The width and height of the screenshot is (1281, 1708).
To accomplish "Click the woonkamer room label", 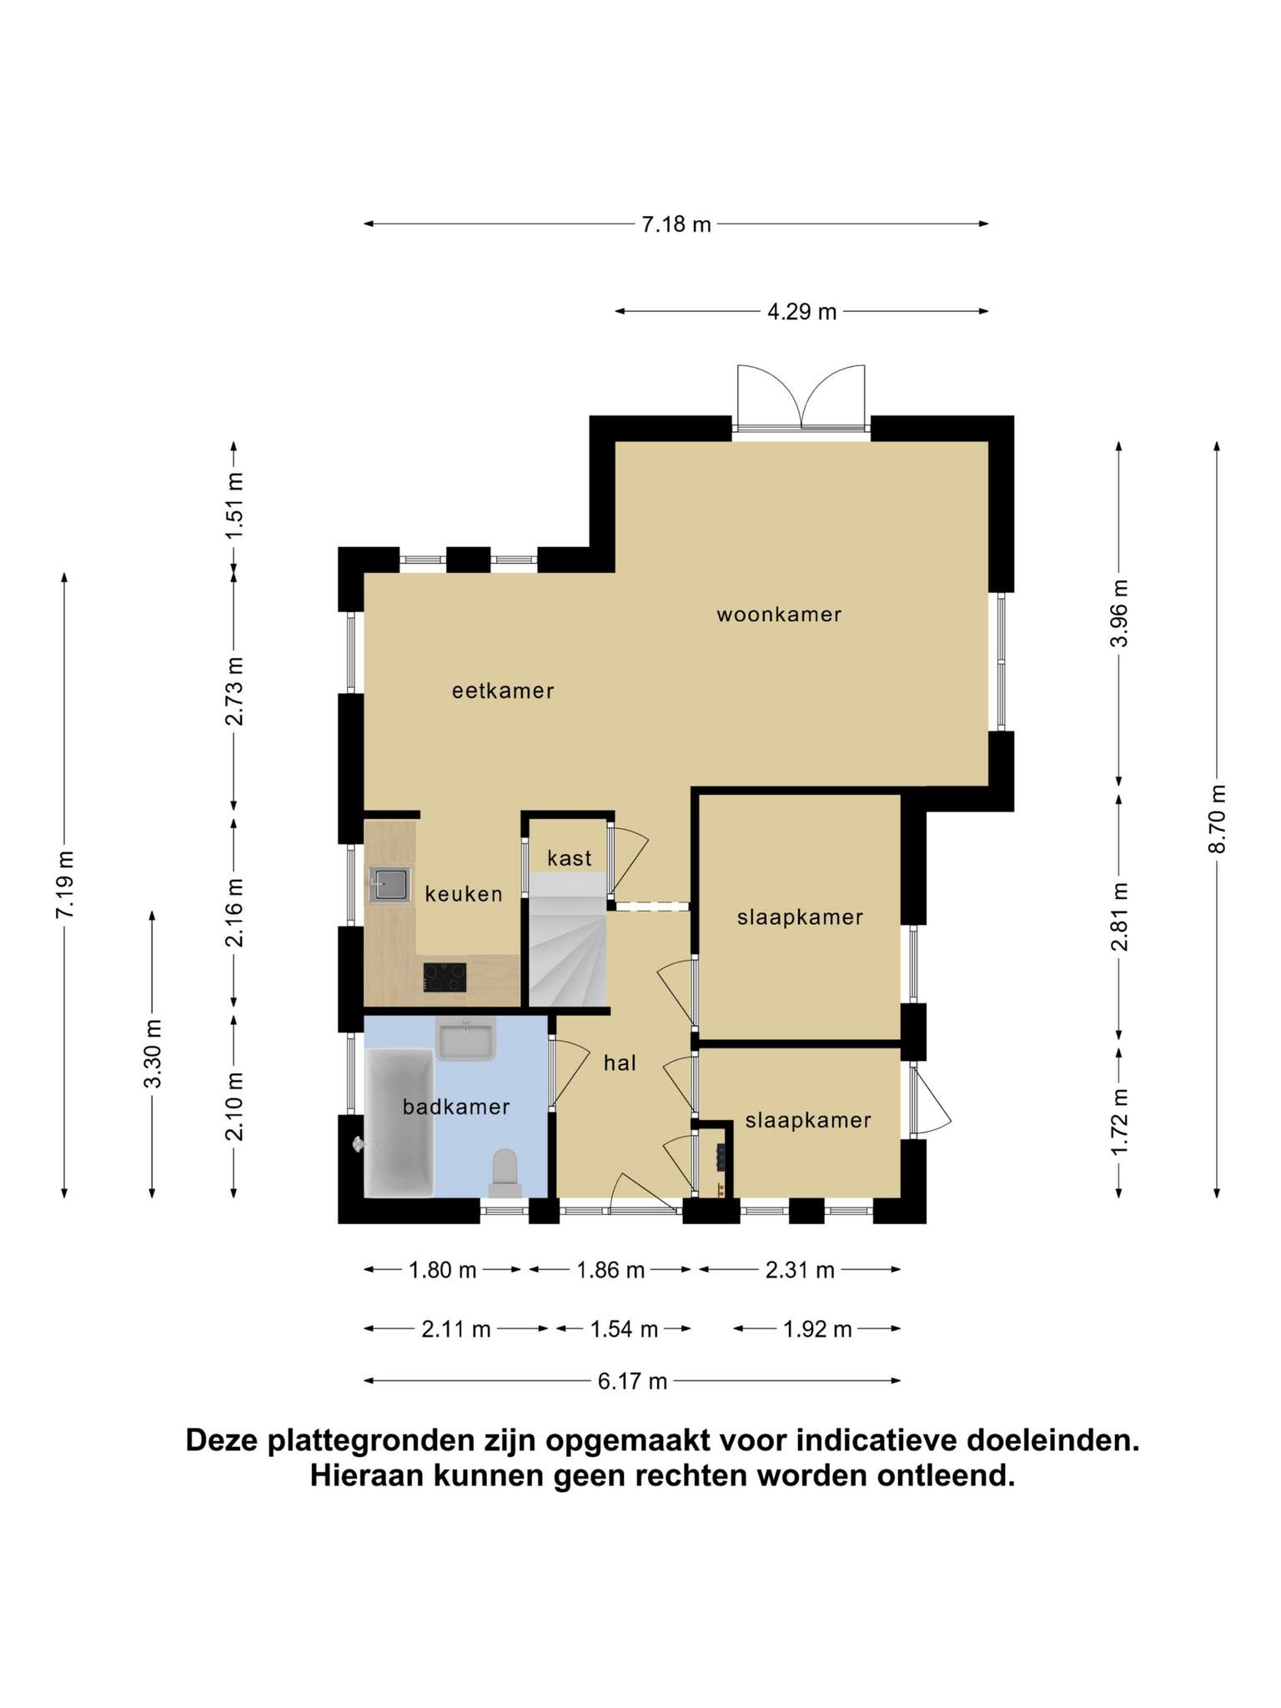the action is [779, 615].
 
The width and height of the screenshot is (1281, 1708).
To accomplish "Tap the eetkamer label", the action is [503, 691].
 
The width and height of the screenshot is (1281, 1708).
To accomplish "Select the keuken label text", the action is [464, 894].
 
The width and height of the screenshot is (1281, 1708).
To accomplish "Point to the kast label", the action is [570, 857].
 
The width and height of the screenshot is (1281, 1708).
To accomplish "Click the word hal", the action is [620, 1062].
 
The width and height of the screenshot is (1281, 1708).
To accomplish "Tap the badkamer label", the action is [456, 1107].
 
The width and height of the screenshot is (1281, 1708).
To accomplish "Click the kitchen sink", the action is [390, 884].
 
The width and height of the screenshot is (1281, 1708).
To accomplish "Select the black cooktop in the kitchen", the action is [445, 977].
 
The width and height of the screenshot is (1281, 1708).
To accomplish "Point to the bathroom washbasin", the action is [466, 1039].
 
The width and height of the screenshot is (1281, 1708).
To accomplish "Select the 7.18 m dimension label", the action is [676, 224].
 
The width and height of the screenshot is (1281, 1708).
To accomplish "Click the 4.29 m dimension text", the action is [801, 312].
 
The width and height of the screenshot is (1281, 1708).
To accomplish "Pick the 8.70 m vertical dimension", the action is [1218, 819].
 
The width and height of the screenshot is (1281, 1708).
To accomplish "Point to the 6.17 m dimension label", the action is [632, 1382].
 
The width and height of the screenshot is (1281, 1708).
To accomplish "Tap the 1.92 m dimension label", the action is [817, 1329].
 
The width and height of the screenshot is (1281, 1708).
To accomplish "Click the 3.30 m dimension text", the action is [153, 1054].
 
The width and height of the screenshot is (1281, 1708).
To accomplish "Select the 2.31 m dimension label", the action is [800, 1270].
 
